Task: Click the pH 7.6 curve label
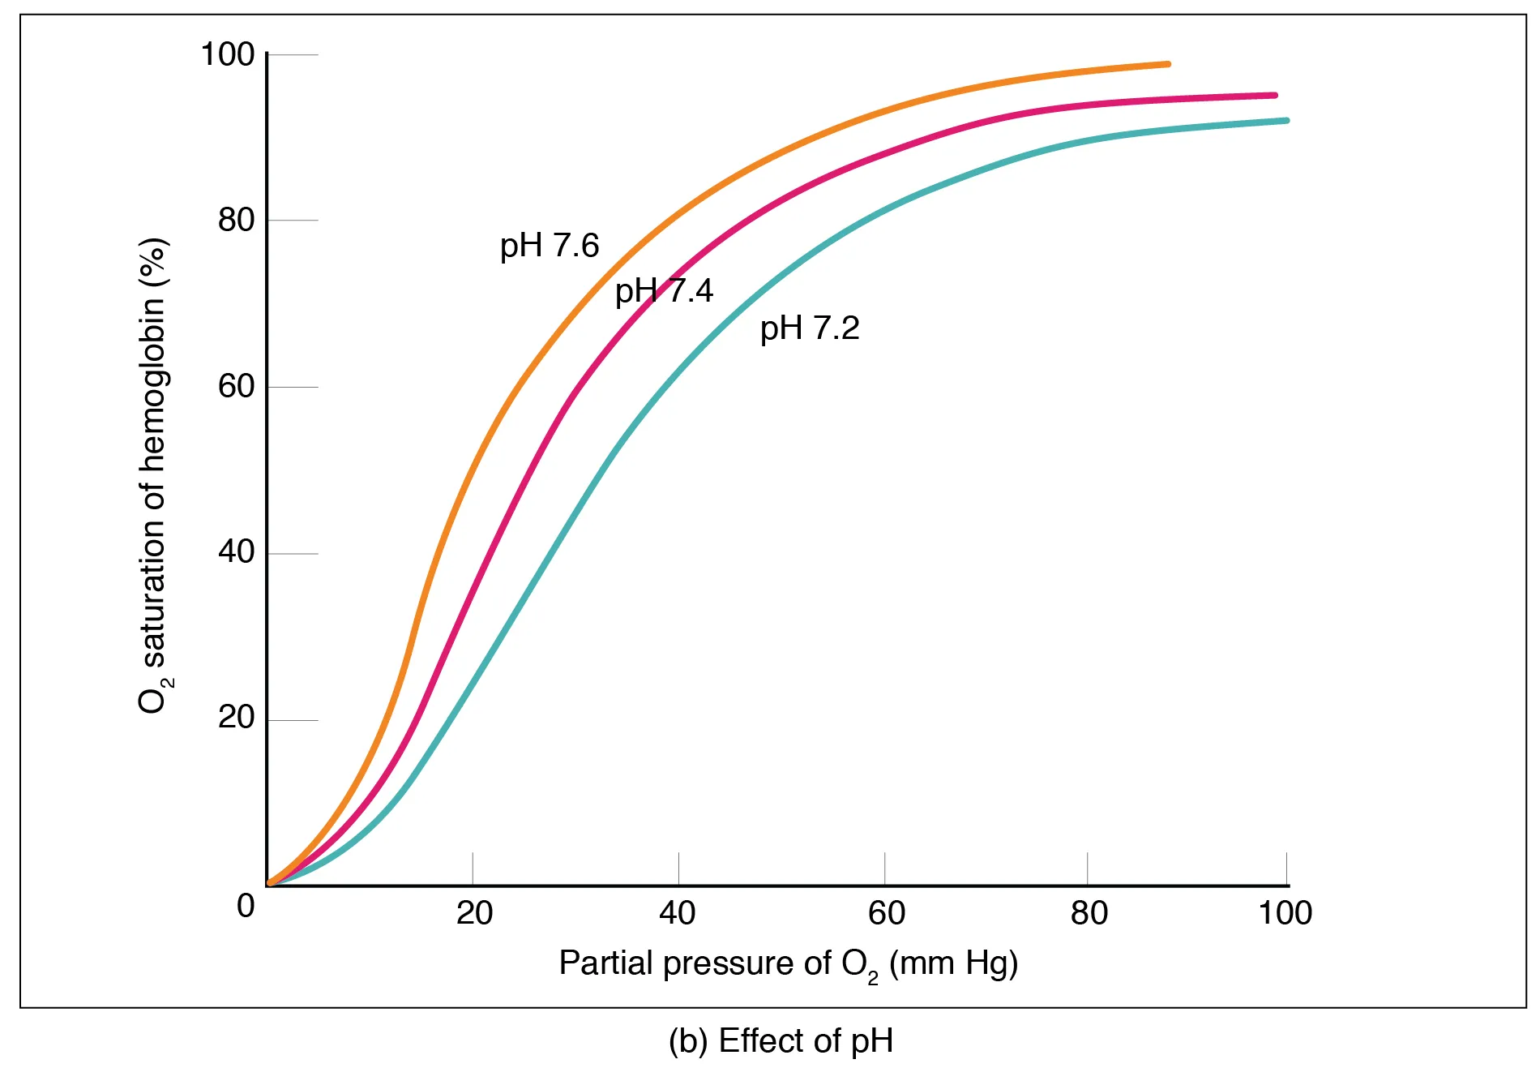tap(549, 246)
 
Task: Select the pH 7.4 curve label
tap(664, 290)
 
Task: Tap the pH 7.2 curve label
tap(809, 328)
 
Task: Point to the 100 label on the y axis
tap(227, 55)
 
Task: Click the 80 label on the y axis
tap(236, 221)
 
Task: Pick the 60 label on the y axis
tap(236, 387)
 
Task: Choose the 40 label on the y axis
tap(236, 552)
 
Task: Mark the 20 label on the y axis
tap(236, 718)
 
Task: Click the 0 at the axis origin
tap(246, 906)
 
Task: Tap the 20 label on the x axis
tap(474, 914)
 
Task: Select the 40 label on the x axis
tap(678, 914)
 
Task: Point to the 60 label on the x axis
tap(886, 914)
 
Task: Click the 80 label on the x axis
tap(1089, 914)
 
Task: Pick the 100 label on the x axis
tap(1285, 914)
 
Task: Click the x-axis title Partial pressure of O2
tap(788, 964)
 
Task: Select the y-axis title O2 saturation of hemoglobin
tap(153, 476)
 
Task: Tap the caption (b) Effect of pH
tap(781, 1041)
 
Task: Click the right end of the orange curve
tap(1167, 64)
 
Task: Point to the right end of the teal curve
tap(1285, 121)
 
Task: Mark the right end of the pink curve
tap(1274, 96)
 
